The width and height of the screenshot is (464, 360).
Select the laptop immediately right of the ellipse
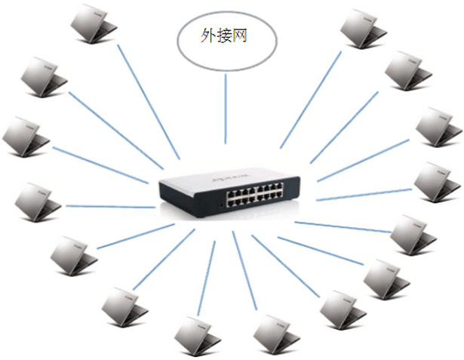tap(362, 27)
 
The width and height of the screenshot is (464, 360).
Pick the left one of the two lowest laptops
tap(197, 331)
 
